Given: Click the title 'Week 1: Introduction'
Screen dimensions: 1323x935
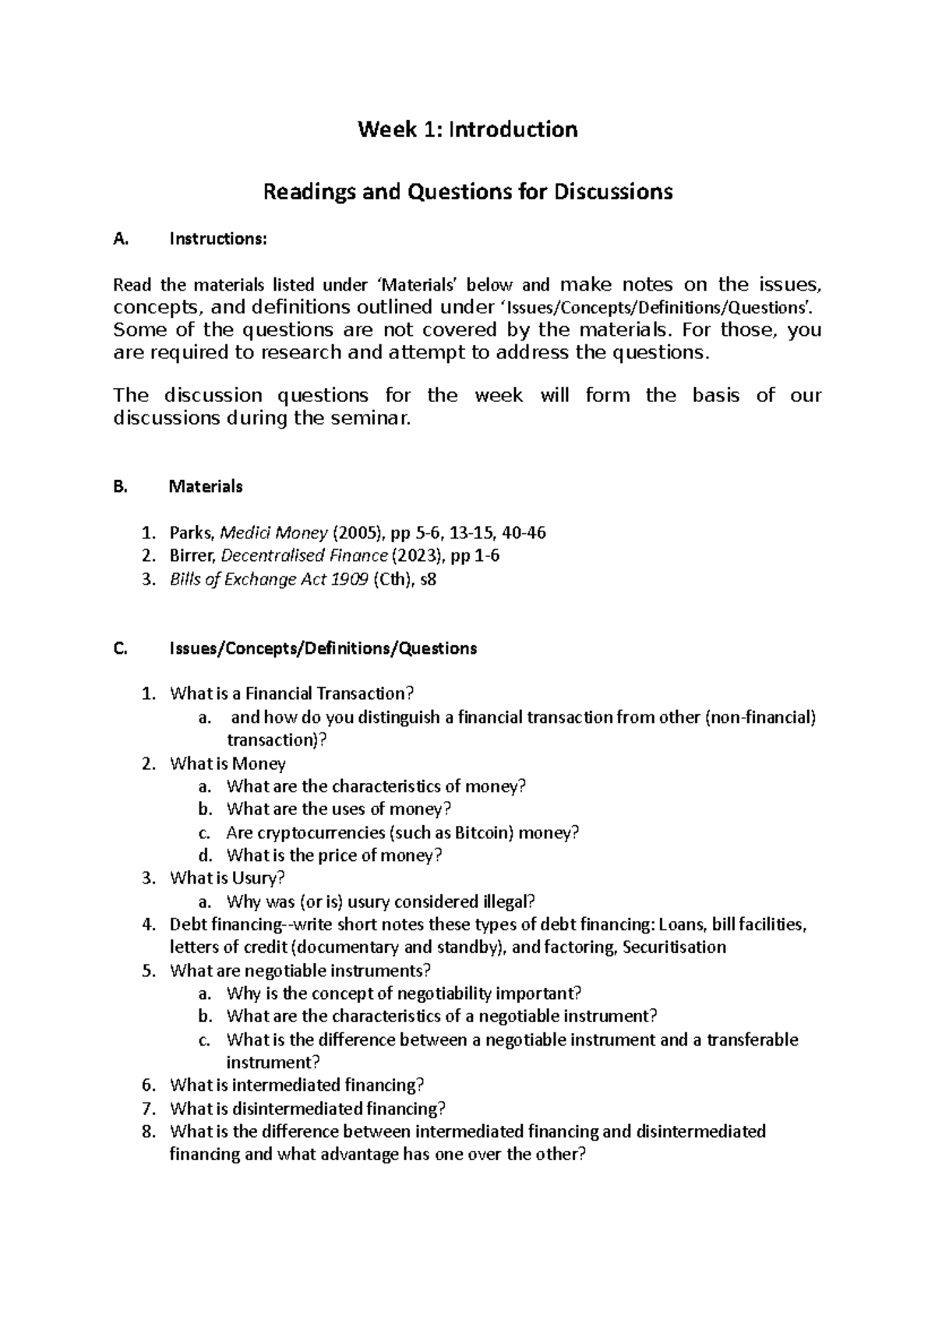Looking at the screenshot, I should pos(467,129).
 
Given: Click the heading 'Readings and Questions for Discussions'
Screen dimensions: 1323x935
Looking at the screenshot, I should pos(467,192).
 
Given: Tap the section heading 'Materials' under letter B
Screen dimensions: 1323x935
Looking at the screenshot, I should pos(206,487).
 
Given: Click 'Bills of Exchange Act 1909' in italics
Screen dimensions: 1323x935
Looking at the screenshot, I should pos(269,580).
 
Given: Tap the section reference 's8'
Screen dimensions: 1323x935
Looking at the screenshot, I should pos(429,580).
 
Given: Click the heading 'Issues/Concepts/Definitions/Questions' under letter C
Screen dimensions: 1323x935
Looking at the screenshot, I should pos(323,648).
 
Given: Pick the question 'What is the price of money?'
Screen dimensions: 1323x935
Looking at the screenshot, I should pos(334,856).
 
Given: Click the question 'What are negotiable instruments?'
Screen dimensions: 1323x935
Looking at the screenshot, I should pos(300,971).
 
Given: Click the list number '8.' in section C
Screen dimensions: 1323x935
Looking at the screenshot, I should pos(150,1131).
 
